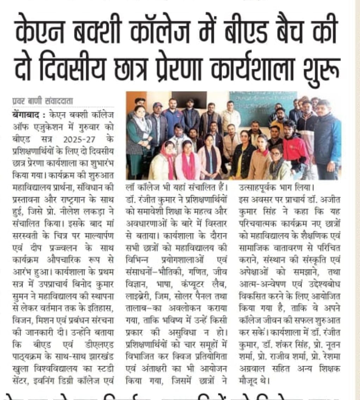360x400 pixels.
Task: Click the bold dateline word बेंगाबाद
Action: click(24, 115)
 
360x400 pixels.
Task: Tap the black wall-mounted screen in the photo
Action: click(189, 100)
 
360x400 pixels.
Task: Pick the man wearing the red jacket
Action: click(295, 148)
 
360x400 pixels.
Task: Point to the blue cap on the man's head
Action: click(157, 105)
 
